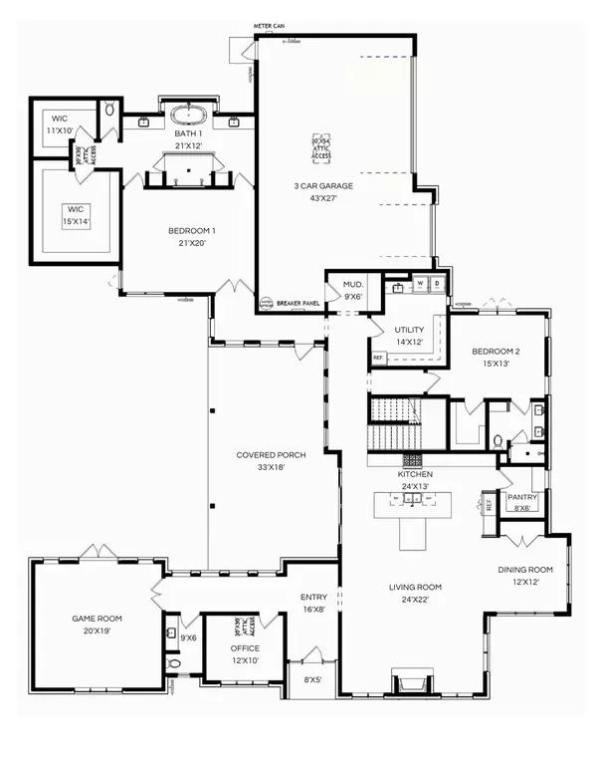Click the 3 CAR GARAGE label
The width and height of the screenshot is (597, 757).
click(322, 186)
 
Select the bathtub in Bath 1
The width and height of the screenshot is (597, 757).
click(187, 114)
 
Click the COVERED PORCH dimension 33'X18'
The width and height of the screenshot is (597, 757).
click(271, 467)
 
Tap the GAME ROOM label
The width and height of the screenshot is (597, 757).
click(96, 618)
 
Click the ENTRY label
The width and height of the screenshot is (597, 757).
click(314, 598)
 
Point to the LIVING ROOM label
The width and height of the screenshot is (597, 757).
click(415, 587)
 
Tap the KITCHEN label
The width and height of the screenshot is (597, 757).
click(415, 475)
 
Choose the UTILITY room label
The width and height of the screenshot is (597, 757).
click(409, 329)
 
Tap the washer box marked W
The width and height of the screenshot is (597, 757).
click(420, 284)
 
